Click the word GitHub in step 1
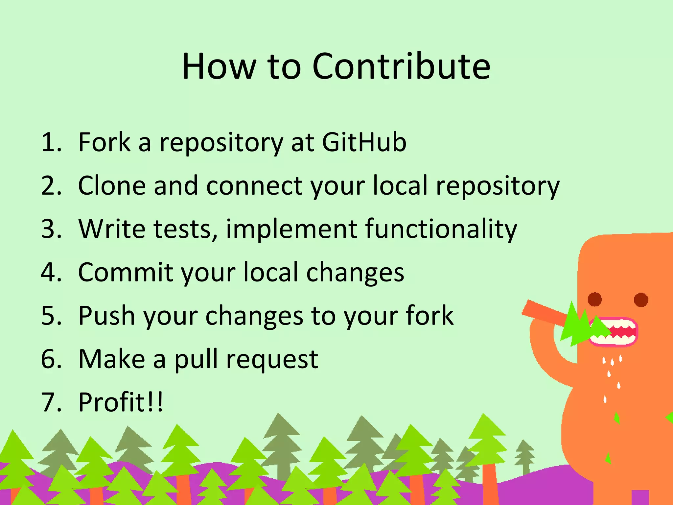tap(364, 142)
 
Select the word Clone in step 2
tap(112, 186)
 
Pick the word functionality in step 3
tap(441, 229)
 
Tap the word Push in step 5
tap(106, 316)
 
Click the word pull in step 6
tap(196, 359)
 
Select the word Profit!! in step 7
tap(121, 402)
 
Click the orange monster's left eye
tap(595, 299)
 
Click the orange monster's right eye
tap(641, 300)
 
